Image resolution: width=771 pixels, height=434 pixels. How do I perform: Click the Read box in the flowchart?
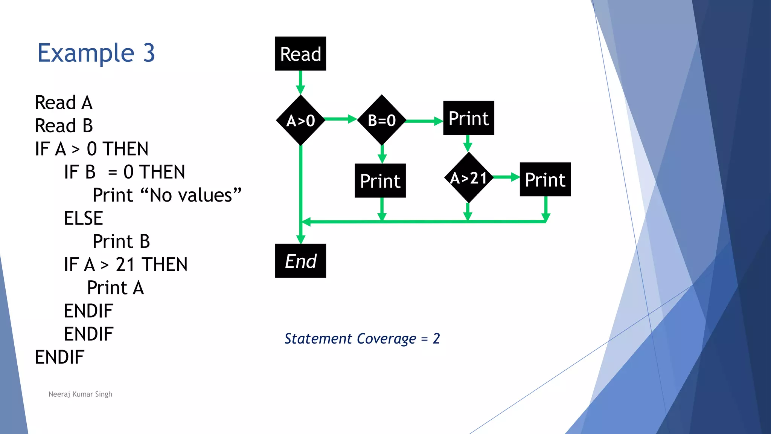(x=300, y=53)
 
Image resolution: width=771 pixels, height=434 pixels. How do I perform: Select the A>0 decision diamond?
(x=300, y=120)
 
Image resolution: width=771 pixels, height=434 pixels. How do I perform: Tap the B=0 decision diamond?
(x=381, y=120)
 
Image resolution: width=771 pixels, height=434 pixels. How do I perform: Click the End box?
(x=300, y=261)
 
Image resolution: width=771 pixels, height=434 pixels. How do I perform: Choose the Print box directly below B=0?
(x=380, y=180)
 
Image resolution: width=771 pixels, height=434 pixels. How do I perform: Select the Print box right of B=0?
(x=468, y=118)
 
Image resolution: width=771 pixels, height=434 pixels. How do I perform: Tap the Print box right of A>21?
(x=545, y=179)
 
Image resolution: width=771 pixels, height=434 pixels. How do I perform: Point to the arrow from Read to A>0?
(x=300, y=82)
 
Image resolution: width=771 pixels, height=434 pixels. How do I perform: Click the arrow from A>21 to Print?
(x=506, y=177)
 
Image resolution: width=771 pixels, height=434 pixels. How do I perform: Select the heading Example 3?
(x=96, y=53)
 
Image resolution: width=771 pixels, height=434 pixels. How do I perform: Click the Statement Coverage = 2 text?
(x=362, y=338)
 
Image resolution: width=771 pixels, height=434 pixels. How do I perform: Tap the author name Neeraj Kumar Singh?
(x=80, y=394)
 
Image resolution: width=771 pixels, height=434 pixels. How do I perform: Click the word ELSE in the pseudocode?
(x=83, y=218)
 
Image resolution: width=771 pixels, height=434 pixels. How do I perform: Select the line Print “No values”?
(x=167, y=195)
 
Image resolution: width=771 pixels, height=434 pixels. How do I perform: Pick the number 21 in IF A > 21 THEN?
(x=125, y=264)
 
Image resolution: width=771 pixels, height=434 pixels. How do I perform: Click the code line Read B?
(x=64, y=125)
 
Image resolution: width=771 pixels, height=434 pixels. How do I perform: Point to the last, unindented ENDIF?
(x=59, y=357)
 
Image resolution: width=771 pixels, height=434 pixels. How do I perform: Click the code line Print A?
(x=115, y=288)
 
